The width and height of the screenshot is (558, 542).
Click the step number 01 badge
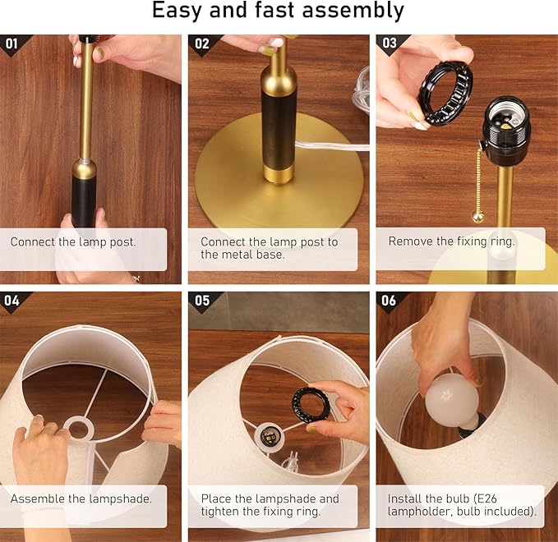[12, 44]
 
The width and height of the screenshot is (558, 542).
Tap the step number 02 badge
[202, 44]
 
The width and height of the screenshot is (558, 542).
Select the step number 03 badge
[390, 43]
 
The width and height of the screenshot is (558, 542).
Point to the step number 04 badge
[12, 301]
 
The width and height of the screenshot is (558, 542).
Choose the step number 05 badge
[202, 301]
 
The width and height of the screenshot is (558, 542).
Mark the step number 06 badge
[389, 301]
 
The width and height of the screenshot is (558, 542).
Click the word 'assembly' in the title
[353, 10]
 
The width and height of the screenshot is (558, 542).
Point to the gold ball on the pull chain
[478, 217]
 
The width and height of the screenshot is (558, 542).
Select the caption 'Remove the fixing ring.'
[452, 241]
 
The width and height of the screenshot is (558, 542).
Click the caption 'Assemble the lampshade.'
[81, 498]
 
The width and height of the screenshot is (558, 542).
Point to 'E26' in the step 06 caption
[487, 498]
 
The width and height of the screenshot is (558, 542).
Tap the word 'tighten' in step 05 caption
[220, 512]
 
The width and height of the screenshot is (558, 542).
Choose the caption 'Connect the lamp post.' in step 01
[73, 241]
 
